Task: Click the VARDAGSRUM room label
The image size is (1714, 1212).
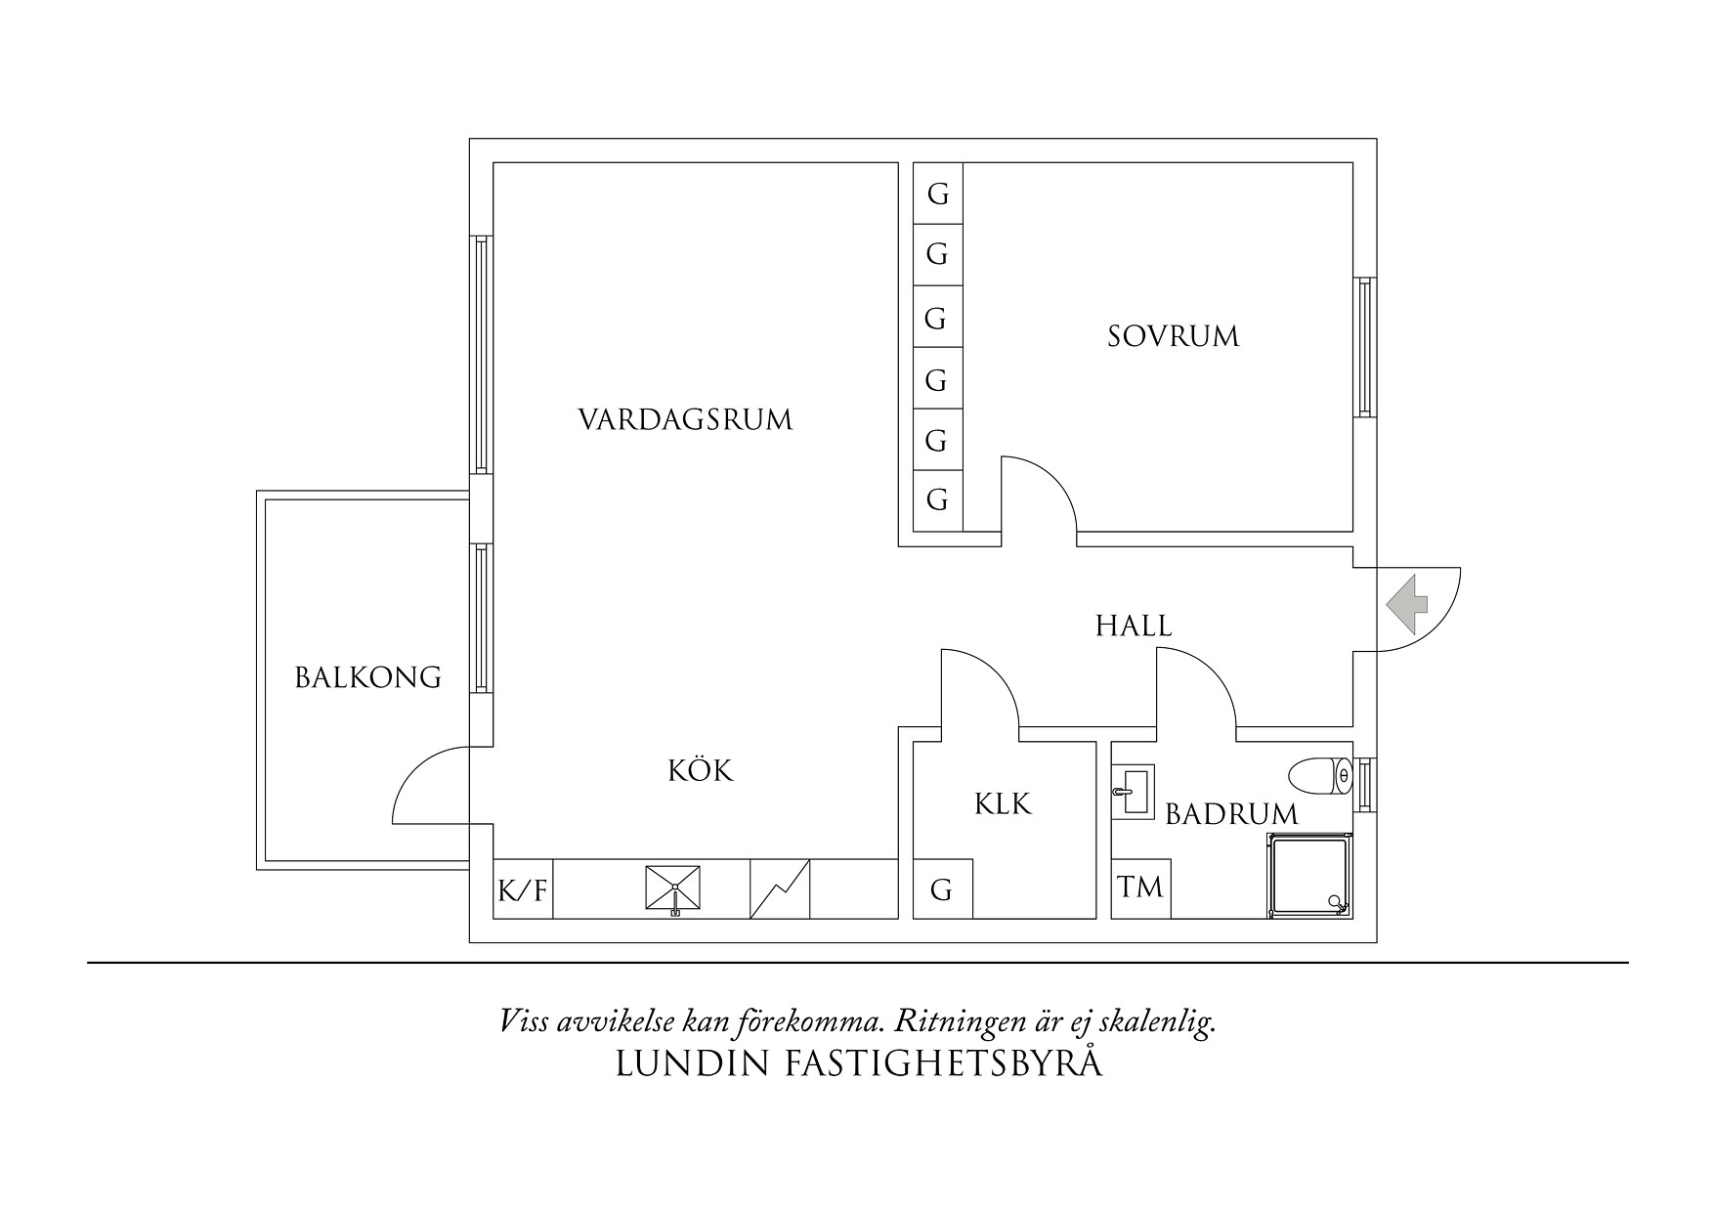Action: coord(685,420)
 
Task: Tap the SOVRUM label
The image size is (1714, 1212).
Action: coord(1173,337)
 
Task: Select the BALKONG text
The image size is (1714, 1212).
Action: coord(368,677)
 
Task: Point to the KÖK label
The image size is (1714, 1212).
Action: coord(701,771)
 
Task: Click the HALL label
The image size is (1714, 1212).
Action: coord(1134,626)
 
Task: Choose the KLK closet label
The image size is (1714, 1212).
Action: coord(1003,804)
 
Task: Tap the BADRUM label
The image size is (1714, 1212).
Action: coord(1231,813)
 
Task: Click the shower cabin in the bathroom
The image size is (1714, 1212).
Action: coord(1309,876)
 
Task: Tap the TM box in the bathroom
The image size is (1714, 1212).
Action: coord(1140,888)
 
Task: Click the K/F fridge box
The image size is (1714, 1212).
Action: coord(523,890)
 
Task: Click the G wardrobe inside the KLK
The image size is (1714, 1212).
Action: coord(941,890)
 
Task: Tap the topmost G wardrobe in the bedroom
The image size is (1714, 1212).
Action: coord(938,195)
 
